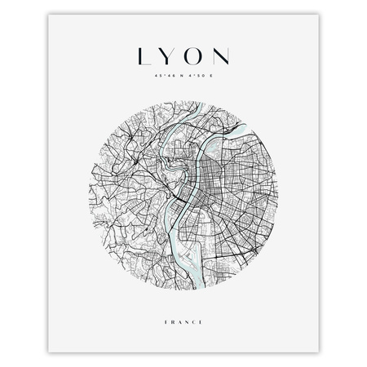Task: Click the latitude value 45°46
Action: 157,78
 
